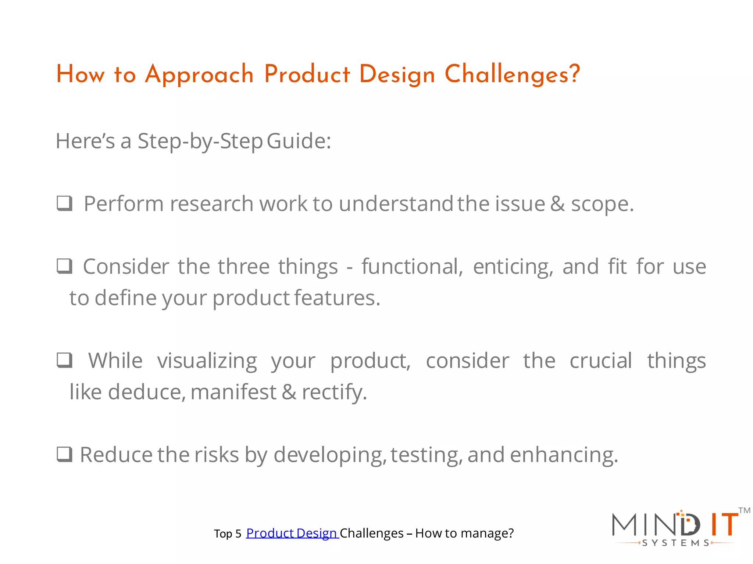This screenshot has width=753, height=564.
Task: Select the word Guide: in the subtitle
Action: [299, 141]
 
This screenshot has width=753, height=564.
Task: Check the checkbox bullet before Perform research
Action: [64, 203]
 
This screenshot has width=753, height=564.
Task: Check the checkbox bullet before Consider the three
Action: [64, 266]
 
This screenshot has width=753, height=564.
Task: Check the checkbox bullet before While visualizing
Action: [64, 360]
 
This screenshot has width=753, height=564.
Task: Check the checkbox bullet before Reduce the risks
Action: [64, 454]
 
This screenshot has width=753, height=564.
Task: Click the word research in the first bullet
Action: [211, 204]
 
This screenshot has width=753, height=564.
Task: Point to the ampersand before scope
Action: [557, 204]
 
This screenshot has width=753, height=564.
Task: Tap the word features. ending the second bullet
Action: [337, 298]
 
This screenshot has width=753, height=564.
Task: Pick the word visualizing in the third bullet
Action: [207, 361]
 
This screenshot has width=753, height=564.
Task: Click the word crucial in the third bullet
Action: [601, 361]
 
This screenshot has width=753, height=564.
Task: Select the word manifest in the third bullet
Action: [233, 392]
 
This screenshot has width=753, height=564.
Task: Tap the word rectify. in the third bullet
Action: [334, 392]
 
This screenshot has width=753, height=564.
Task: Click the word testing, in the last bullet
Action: [426, 455]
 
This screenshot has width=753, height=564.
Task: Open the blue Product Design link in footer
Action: [292, 533]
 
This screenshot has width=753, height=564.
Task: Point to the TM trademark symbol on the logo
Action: [744, 510]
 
